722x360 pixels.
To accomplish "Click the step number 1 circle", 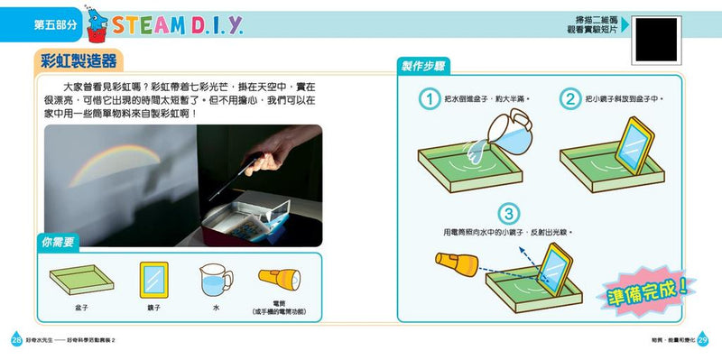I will point(431,98).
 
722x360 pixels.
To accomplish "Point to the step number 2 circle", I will point(570,98).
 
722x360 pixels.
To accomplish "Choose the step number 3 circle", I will point(510,214).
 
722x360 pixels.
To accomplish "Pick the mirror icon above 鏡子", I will point(155,282).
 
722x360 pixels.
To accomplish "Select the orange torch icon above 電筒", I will point(277,279).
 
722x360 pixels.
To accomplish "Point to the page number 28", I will point(14,340).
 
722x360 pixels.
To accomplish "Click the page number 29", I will point(705,340).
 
